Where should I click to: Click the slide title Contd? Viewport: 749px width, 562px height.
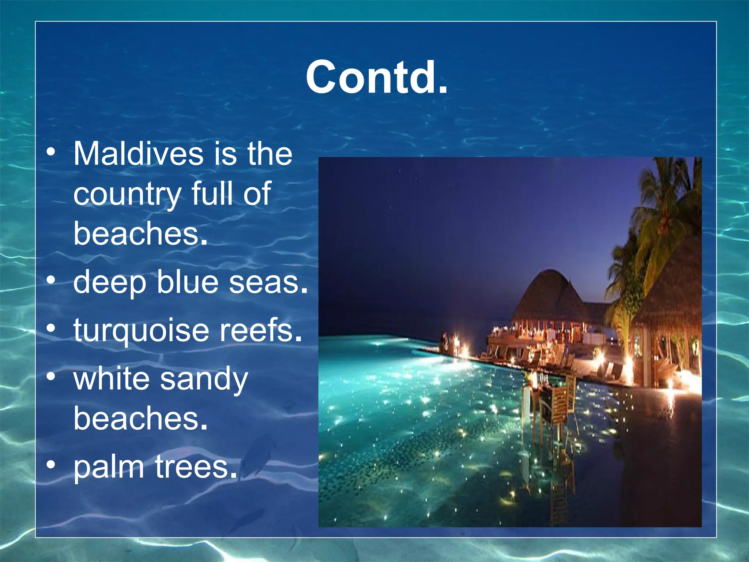[376, 78]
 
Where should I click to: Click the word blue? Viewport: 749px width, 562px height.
[188, 282]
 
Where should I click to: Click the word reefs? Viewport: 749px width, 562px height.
[260, 330]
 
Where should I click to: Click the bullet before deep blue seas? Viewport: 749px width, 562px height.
[51, 280]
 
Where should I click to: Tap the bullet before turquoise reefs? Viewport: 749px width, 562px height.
[51, 328]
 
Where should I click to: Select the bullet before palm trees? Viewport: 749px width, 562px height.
[51, 465]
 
